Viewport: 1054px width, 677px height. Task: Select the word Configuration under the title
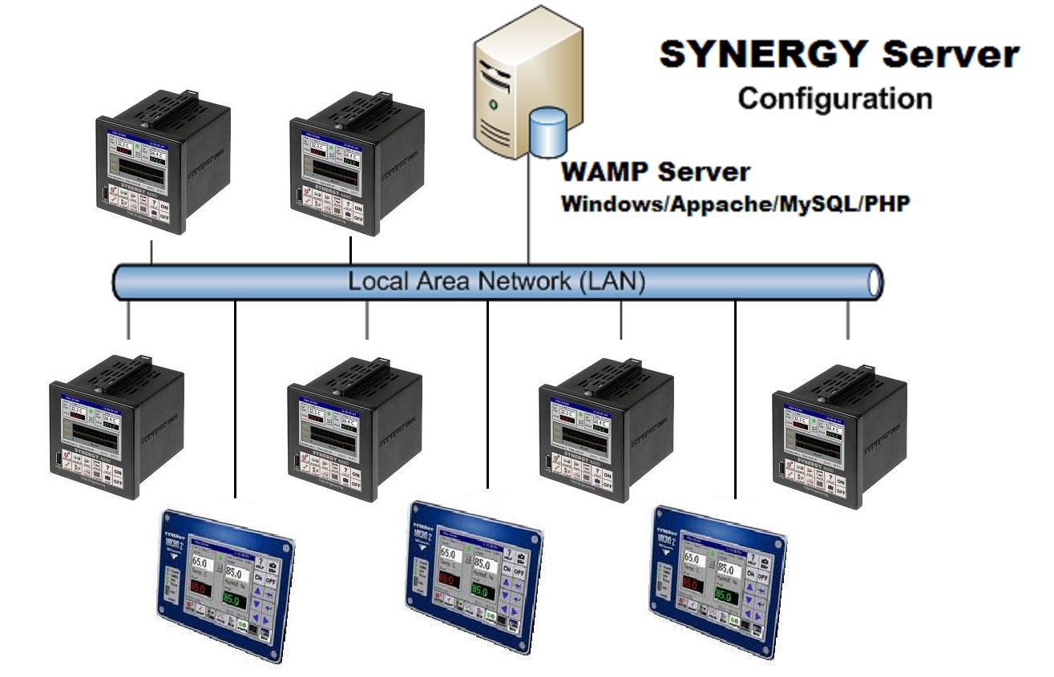(x=834, y=99)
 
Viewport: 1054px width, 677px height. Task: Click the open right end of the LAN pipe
(x=876, y=282)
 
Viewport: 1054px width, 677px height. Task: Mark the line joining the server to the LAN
(x=528, y=208)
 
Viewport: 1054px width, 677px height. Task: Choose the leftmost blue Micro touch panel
(x=223, y=585)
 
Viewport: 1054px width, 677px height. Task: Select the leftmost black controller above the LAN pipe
(x=152, y=168)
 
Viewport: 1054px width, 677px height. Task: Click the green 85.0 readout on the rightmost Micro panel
(x=725, y=596)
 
